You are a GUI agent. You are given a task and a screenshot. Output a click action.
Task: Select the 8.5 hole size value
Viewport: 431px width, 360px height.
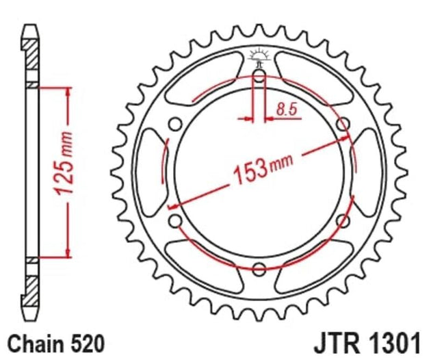(287, 107)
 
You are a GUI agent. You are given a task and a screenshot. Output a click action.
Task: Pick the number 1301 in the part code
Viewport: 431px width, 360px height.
(397, 342)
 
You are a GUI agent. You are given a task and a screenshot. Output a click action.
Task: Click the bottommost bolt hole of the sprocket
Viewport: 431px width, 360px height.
(259, 268)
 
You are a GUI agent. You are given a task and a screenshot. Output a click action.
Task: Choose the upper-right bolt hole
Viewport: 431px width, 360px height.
(344, 124)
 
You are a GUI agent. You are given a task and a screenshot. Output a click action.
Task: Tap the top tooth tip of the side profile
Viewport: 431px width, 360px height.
(29, 29)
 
